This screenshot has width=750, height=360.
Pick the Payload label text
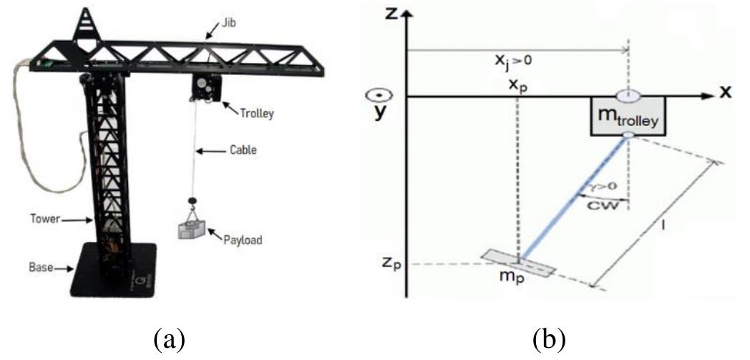coord(243,240)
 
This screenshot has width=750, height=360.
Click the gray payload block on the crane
coord(193,230)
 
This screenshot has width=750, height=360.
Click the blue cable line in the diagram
coord(573,200)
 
